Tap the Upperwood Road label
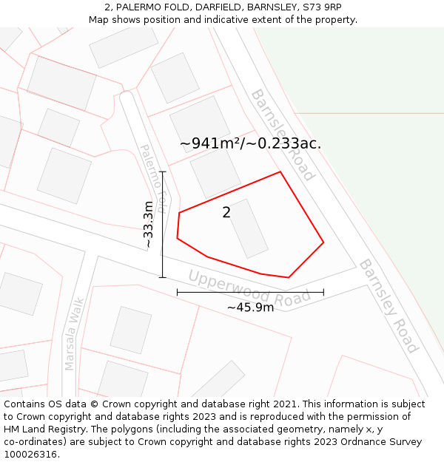[249, 288]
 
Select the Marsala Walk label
[75, 333]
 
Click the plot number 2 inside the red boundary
[226, 213]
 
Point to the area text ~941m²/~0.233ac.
[250, 143]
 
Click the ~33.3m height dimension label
[149, 224]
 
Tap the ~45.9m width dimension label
[250, 307]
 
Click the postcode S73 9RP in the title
[323, 7]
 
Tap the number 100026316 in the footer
[30, 455]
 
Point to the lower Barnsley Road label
[388, 305]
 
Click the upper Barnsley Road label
[282, 134]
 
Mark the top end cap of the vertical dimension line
[162, 171]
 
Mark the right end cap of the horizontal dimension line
[323, 292]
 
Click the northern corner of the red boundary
[280, 172]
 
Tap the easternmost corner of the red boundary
[323, 242]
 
